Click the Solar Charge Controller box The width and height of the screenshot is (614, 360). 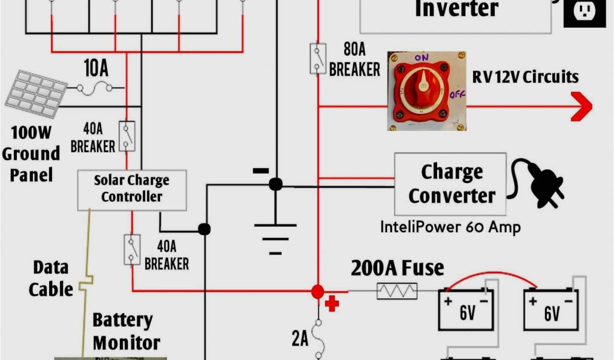click(x=131, y=189)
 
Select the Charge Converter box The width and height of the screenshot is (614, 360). click(x=450, y=184)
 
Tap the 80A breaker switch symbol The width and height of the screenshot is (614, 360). click(x=317, y=59)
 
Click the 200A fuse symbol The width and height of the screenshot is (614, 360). click(x=396, y=291)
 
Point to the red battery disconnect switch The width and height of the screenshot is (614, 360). click(x=426, y=91)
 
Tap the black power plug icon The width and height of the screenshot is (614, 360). click(x=538, y=183)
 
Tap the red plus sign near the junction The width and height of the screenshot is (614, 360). click(x=332, y=304)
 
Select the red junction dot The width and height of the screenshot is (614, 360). click(x=317, y=292)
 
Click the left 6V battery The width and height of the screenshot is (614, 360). click(x=466, y=309)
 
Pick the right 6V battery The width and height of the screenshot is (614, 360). click(x=550, y=309)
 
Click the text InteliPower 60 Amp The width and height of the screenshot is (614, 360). click(x=450, y=227)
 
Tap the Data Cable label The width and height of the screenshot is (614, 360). click(x=51, y=278)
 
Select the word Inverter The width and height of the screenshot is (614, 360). click(x=456, y=8)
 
